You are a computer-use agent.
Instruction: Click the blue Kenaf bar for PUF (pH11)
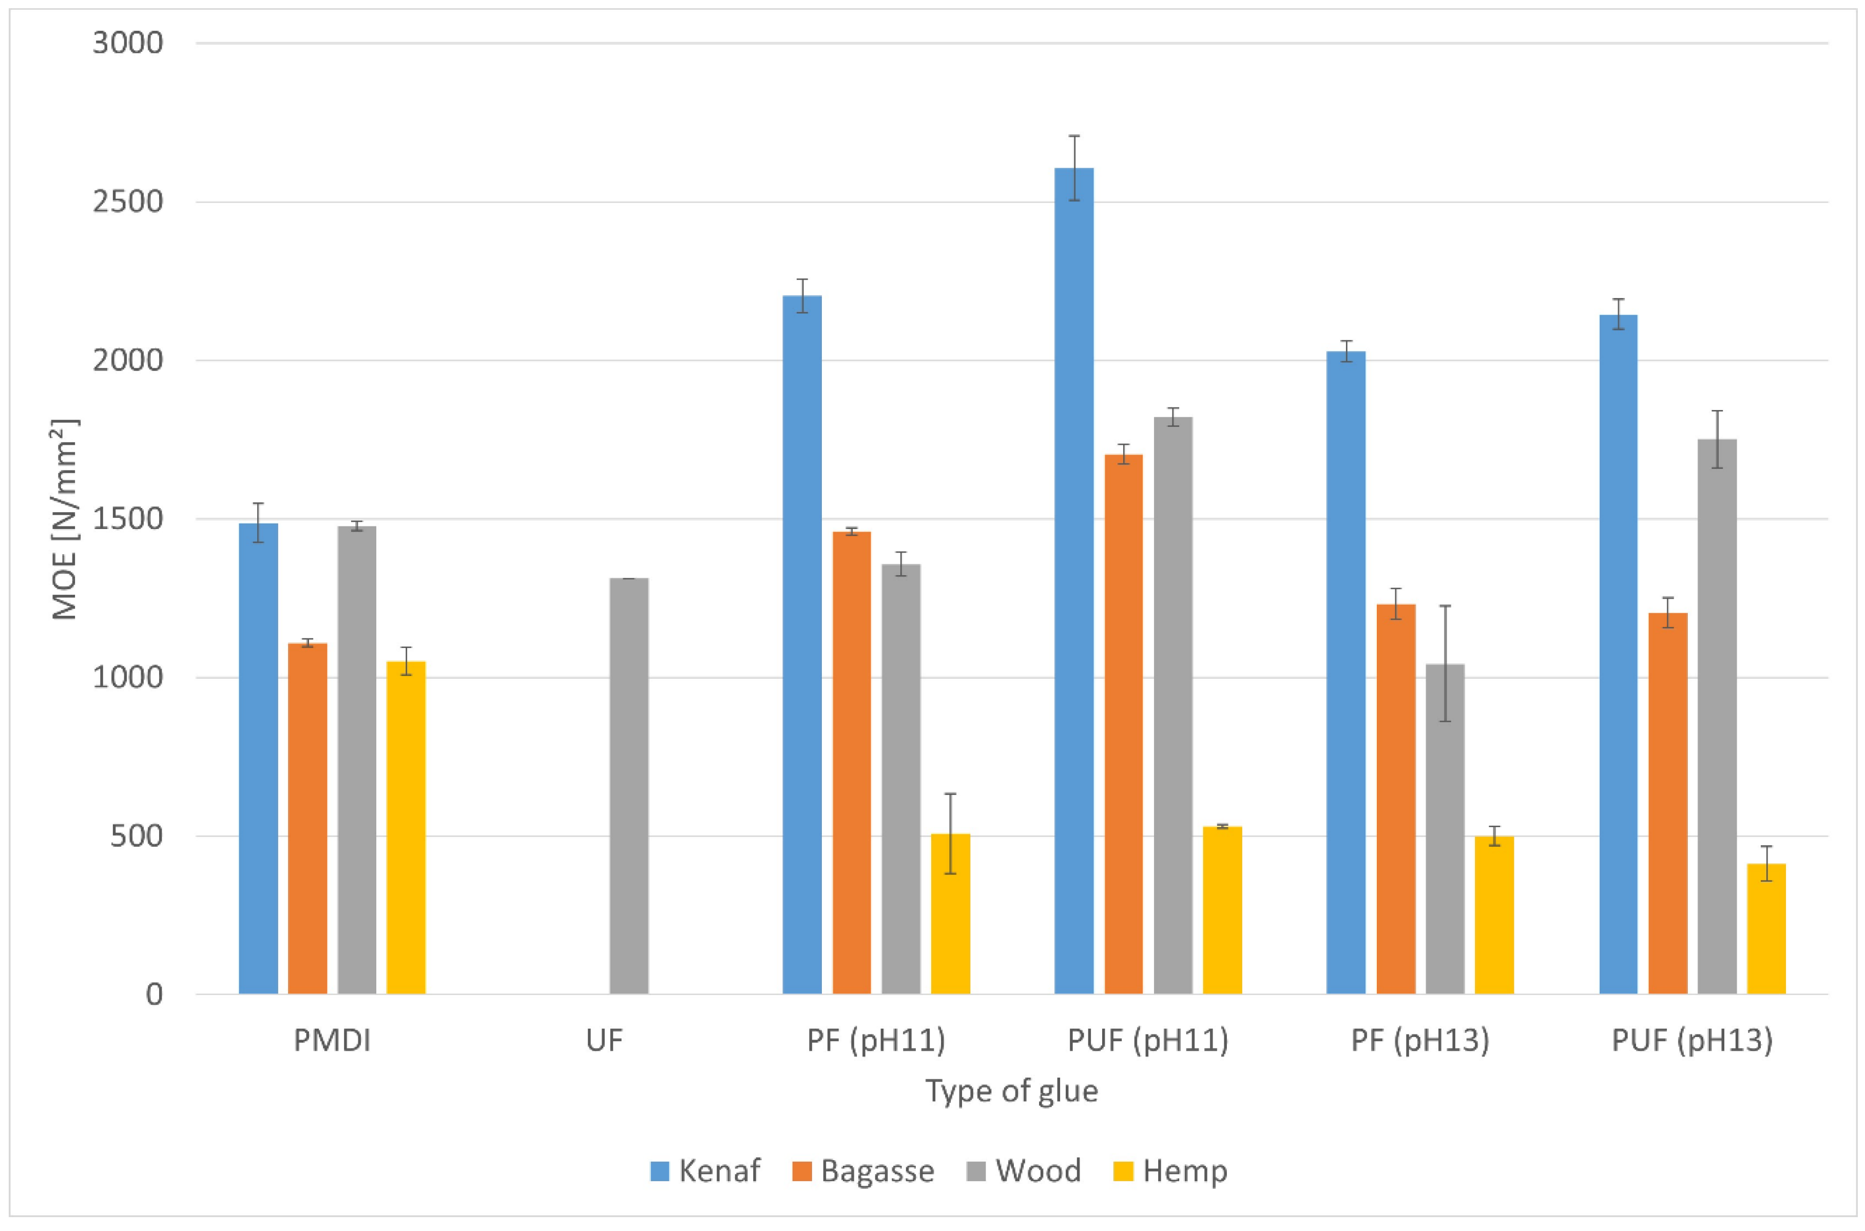tap(1073, 581)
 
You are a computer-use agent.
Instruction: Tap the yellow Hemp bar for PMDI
tap(406, 828)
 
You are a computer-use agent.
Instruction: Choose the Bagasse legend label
tap(876, 1170)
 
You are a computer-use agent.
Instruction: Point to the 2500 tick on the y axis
tap(128, 202)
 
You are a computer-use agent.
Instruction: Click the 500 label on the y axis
tap(137, 836)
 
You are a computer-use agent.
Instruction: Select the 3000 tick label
tap(128, 43)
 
